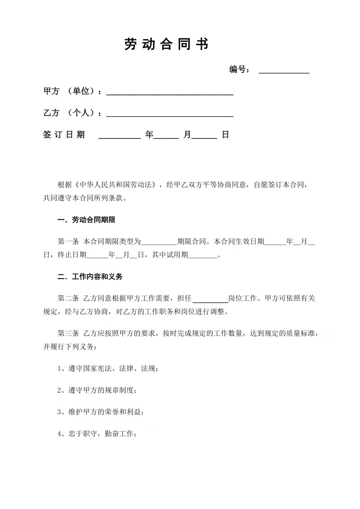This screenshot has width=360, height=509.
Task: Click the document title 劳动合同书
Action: (x=166, y=44)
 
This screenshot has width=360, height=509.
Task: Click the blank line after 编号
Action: (x=284, y=71)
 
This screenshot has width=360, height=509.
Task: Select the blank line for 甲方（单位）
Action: (x=169, y=93)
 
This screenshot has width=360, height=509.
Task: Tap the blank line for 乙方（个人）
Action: (x=169, y=114)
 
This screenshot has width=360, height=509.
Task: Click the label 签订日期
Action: (x=64, y=135)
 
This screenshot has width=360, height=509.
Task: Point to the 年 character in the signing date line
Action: (x=149, y=135)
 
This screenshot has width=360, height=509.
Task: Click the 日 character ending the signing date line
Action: (x=225, y=135)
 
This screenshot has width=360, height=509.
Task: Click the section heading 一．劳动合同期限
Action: (x=87, y=220)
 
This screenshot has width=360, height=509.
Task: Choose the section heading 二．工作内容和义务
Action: (x=90, y=277)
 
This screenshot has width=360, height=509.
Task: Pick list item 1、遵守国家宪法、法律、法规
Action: (x=108, y=369)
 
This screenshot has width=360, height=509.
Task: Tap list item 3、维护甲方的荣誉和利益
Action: (x=100, y=412)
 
